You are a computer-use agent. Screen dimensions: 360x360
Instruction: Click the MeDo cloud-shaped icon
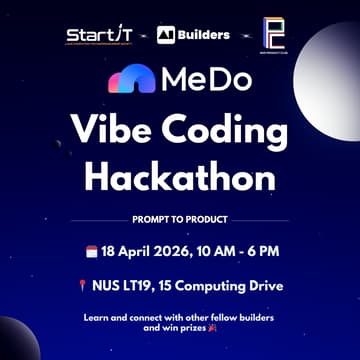click(x=131, y=79)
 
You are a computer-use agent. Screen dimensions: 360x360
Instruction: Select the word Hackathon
click(x=179, y=176)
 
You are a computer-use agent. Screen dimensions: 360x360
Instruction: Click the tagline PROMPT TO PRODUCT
click(x=179, y=218)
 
